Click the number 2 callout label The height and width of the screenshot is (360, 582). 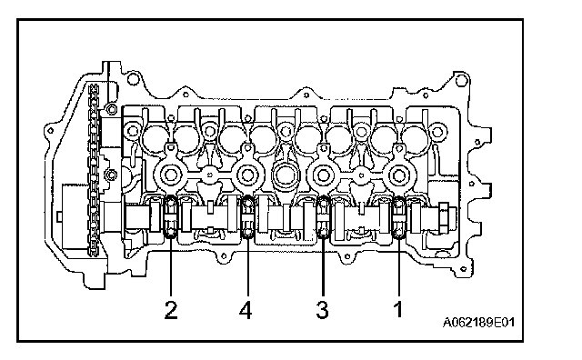coord(171,310)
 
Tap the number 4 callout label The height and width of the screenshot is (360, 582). coord(246,310)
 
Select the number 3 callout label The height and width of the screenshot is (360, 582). coord(322,310)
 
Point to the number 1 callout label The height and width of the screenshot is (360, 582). coord(398,310)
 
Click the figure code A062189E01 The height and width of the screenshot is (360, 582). coord(478,322)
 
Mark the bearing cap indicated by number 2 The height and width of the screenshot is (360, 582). coord(171,216)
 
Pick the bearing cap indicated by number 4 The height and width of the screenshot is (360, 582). coord(247,216)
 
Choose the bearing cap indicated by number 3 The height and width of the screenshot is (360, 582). coord(323,216)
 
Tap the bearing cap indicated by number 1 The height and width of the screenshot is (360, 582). coord(398,216)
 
